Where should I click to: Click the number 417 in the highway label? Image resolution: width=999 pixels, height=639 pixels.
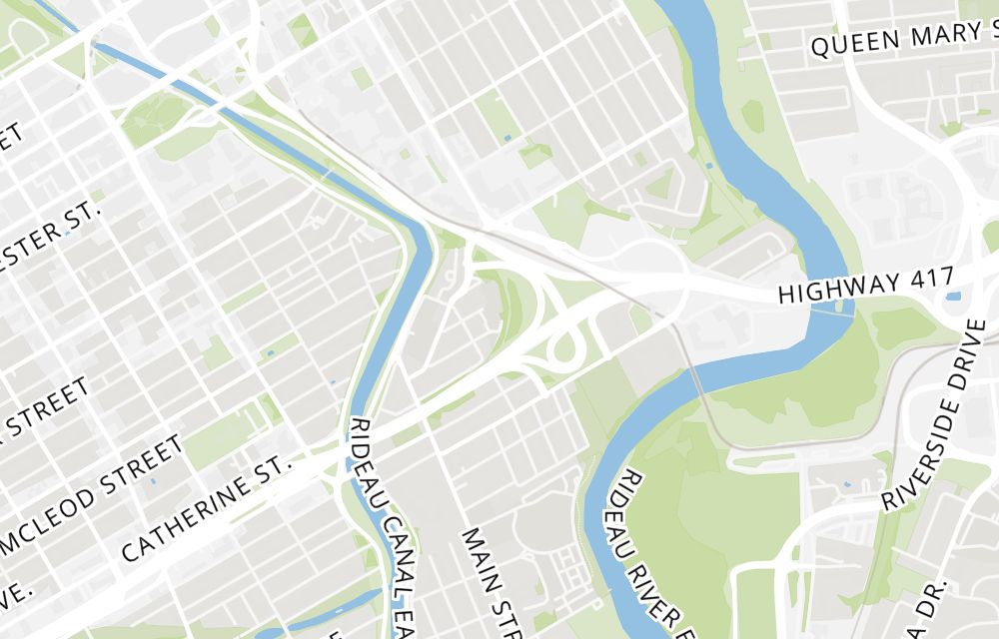[x=934, y=278]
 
